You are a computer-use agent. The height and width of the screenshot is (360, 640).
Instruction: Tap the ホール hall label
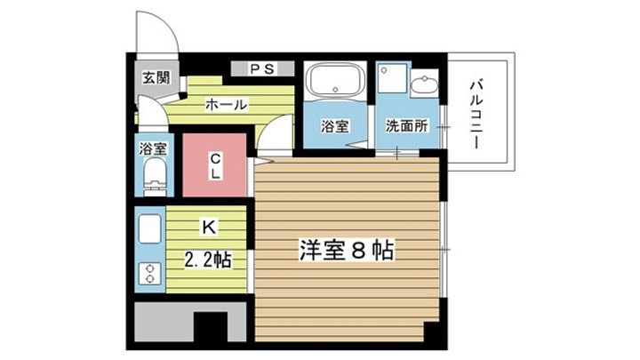[226, 105]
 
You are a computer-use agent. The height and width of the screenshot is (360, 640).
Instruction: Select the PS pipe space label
[260, 68]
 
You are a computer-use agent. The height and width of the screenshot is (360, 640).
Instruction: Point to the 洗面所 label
[407, 126]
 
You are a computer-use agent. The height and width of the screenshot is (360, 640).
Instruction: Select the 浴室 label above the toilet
[153, 149]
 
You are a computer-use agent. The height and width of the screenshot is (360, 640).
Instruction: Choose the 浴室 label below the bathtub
[333, 126]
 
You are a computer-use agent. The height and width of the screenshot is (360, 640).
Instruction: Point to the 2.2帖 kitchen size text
[208, 260]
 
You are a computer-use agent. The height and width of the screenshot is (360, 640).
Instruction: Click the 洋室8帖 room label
[346, 250]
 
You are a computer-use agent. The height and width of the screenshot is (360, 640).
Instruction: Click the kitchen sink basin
[148, 230]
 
